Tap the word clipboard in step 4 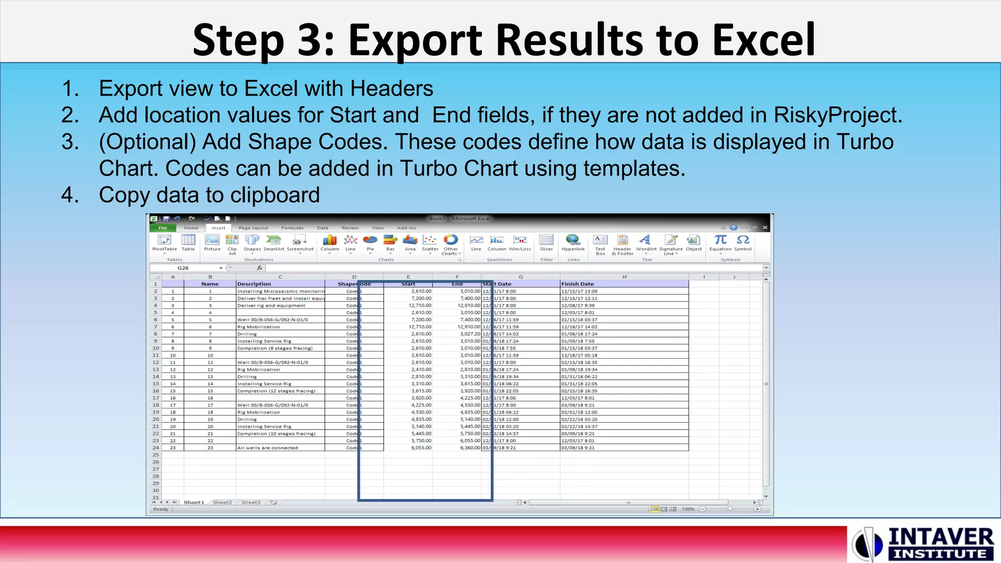click(275, 195)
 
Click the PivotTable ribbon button click(165, 242)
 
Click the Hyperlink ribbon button click(573, 242)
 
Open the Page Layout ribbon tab click(253, 228)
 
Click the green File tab click(163, 228)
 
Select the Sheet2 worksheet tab click(222, 502)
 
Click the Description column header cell click(280, 284)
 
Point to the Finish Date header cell click(624, 284)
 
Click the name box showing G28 click(186, 268)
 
